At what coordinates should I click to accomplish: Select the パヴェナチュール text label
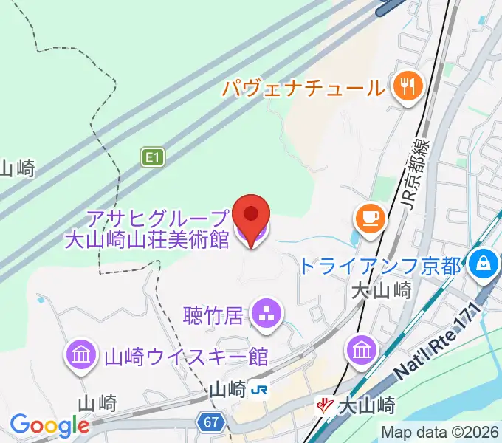(x=303, y=89)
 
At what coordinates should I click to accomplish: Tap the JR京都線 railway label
(x=419, y=178)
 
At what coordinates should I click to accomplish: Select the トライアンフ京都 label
(x=380, y=265)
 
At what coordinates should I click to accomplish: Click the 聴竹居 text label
(x=213, y=316)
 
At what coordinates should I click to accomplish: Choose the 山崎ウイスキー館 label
(x=186, y=357)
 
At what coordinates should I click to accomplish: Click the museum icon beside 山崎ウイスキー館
(x=81, y=354)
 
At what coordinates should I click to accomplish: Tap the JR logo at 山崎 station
(x=258, y=389)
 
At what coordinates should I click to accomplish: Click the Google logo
(x=49, y=425)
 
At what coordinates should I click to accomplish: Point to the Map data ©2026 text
(x=440, y=432)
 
